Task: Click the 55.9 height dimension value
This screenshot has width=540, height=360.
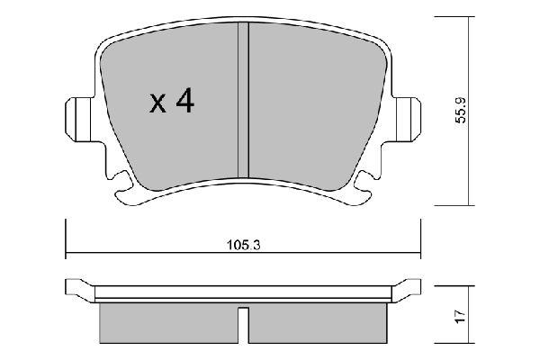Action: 461,110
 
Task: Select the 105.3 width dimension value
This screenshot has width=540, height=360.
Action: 244,246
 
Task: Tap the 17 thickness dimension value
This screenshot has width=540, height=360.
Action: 461,316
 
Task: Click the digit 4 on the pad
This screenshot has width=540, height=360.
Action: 184,101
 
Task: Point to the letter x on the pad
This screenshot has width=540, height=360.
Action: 158,104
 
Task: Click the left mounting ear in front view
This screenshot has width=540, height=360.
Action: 79,119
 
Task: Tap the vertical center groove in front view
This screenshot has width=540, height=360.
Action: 244,100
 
